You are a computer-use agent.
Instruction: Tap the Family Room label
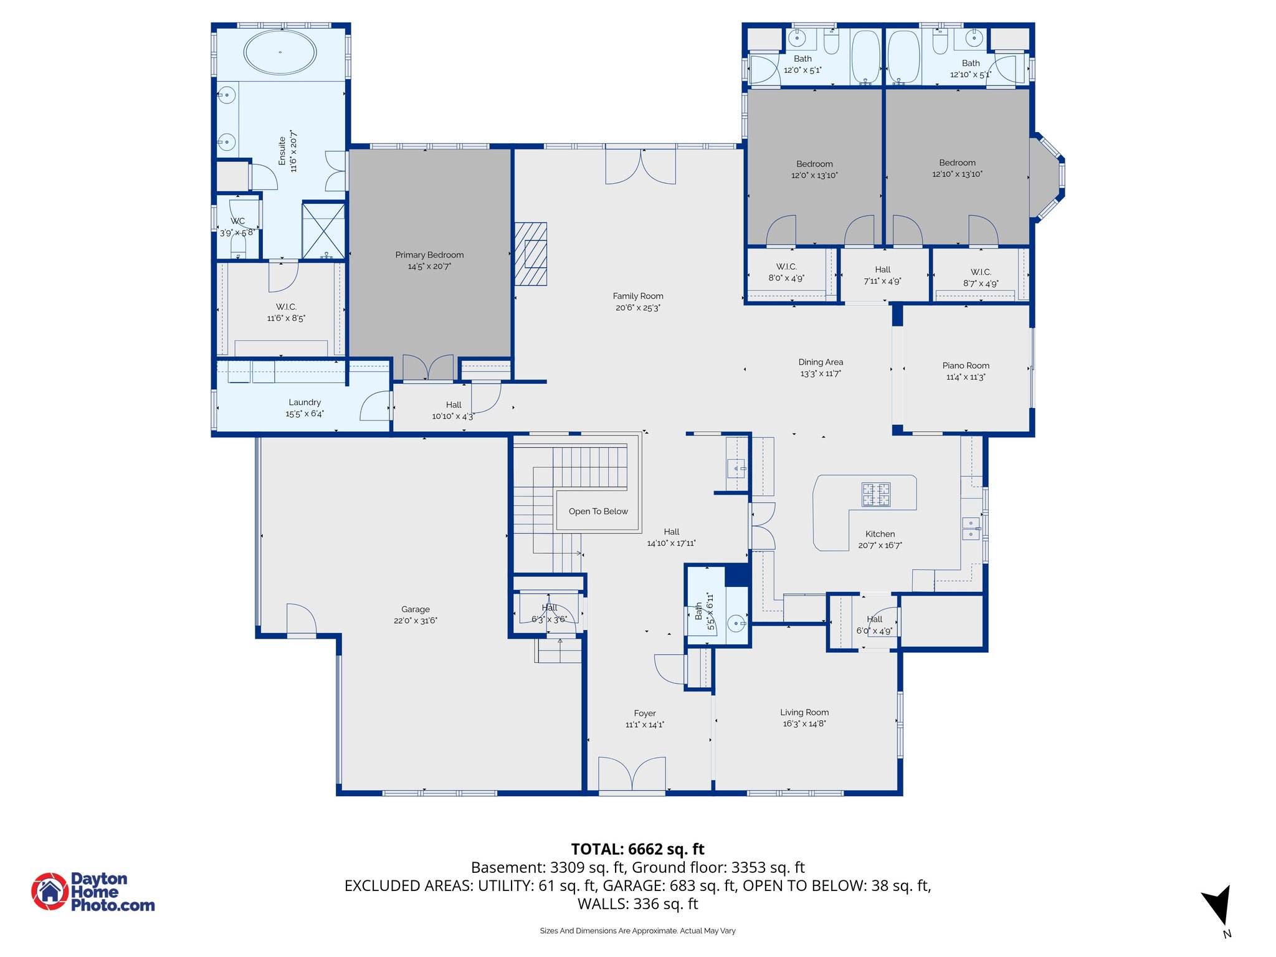click(637, 296)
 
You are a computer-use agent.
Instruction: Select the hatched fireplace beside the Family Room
click(531, 254)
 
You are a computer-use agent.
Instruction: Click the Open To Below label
click(598, 512)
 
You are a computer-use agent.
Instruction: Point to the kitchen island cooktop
click(876, 495)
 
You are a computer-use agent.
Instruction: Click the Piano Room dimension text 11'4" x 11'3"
click(965, 377)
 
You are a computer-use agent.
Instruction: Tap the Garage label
click(416, 609)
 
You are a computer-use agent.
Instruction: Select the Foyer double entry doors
click(632, 774)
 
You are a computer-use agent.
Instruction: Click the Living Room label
click(804, 712)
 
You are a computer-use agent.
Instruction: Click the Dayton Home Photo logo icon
click(50, 892)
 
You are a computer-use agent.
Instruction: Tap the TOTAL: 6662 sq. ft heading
click(637, 849)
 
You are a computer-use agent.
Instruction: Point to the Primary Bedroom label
click(429, 255)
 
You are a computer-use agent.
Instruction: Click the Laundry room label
click(305, 402)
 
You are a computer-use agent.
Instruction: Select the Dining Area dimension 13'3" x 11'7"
click(821, 374)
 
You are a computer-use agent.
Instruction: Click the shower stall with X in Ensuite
click(323, 230)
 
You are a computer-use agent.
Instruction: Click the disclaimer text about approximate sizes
click(637, 931)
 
